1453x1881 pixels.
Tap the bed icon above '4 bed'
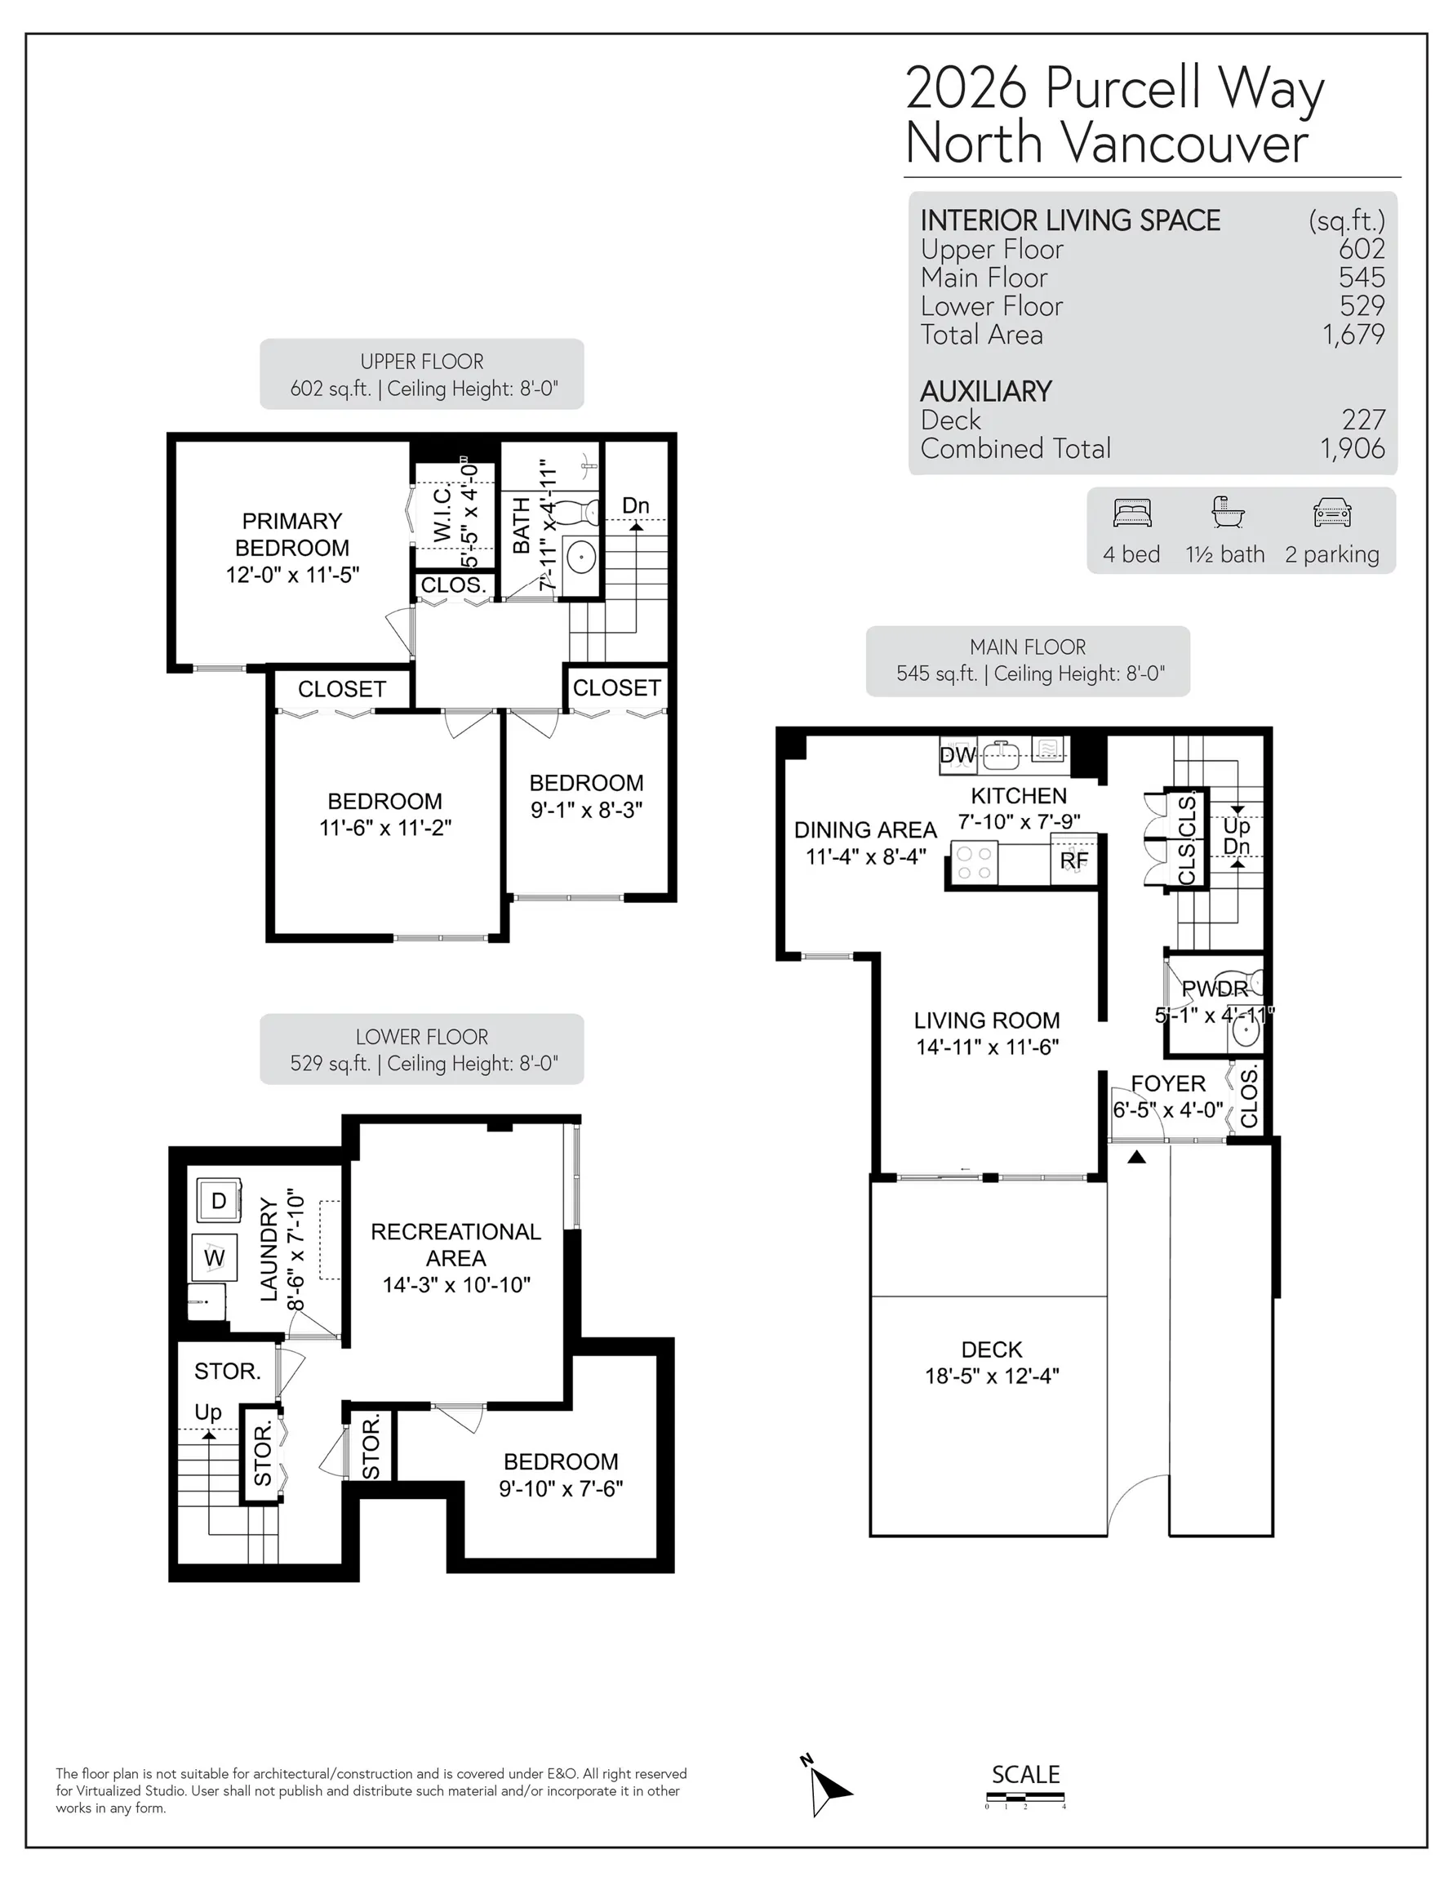point(1131,514)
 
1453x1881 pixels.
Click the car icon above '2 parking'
point(1331,513)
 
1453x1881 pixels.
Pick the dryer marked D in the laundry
point(218,1200)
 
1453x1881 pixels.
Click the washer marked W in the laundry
point(214,1257)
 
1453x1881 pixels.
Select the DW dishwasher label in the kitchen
point(957,755)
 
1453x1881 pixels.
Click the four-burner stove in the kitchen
point(974,864)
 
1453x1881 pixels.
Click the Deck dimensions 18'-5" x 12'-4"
point(991,1376)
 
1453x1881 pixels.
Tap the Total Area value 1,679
point(1353,334)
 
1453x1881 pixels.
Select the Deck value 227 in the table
point(1363,420)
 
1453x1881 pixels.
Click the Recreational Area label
point(455,1244)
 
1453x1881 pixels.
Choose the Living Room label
point(986,1020)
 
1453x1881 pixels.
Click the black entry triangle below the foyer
point(1136,1157)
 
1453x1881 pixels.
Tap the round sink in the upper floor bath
point(581,558)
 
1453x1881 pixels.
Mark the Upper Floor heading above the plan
point(422,361)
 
